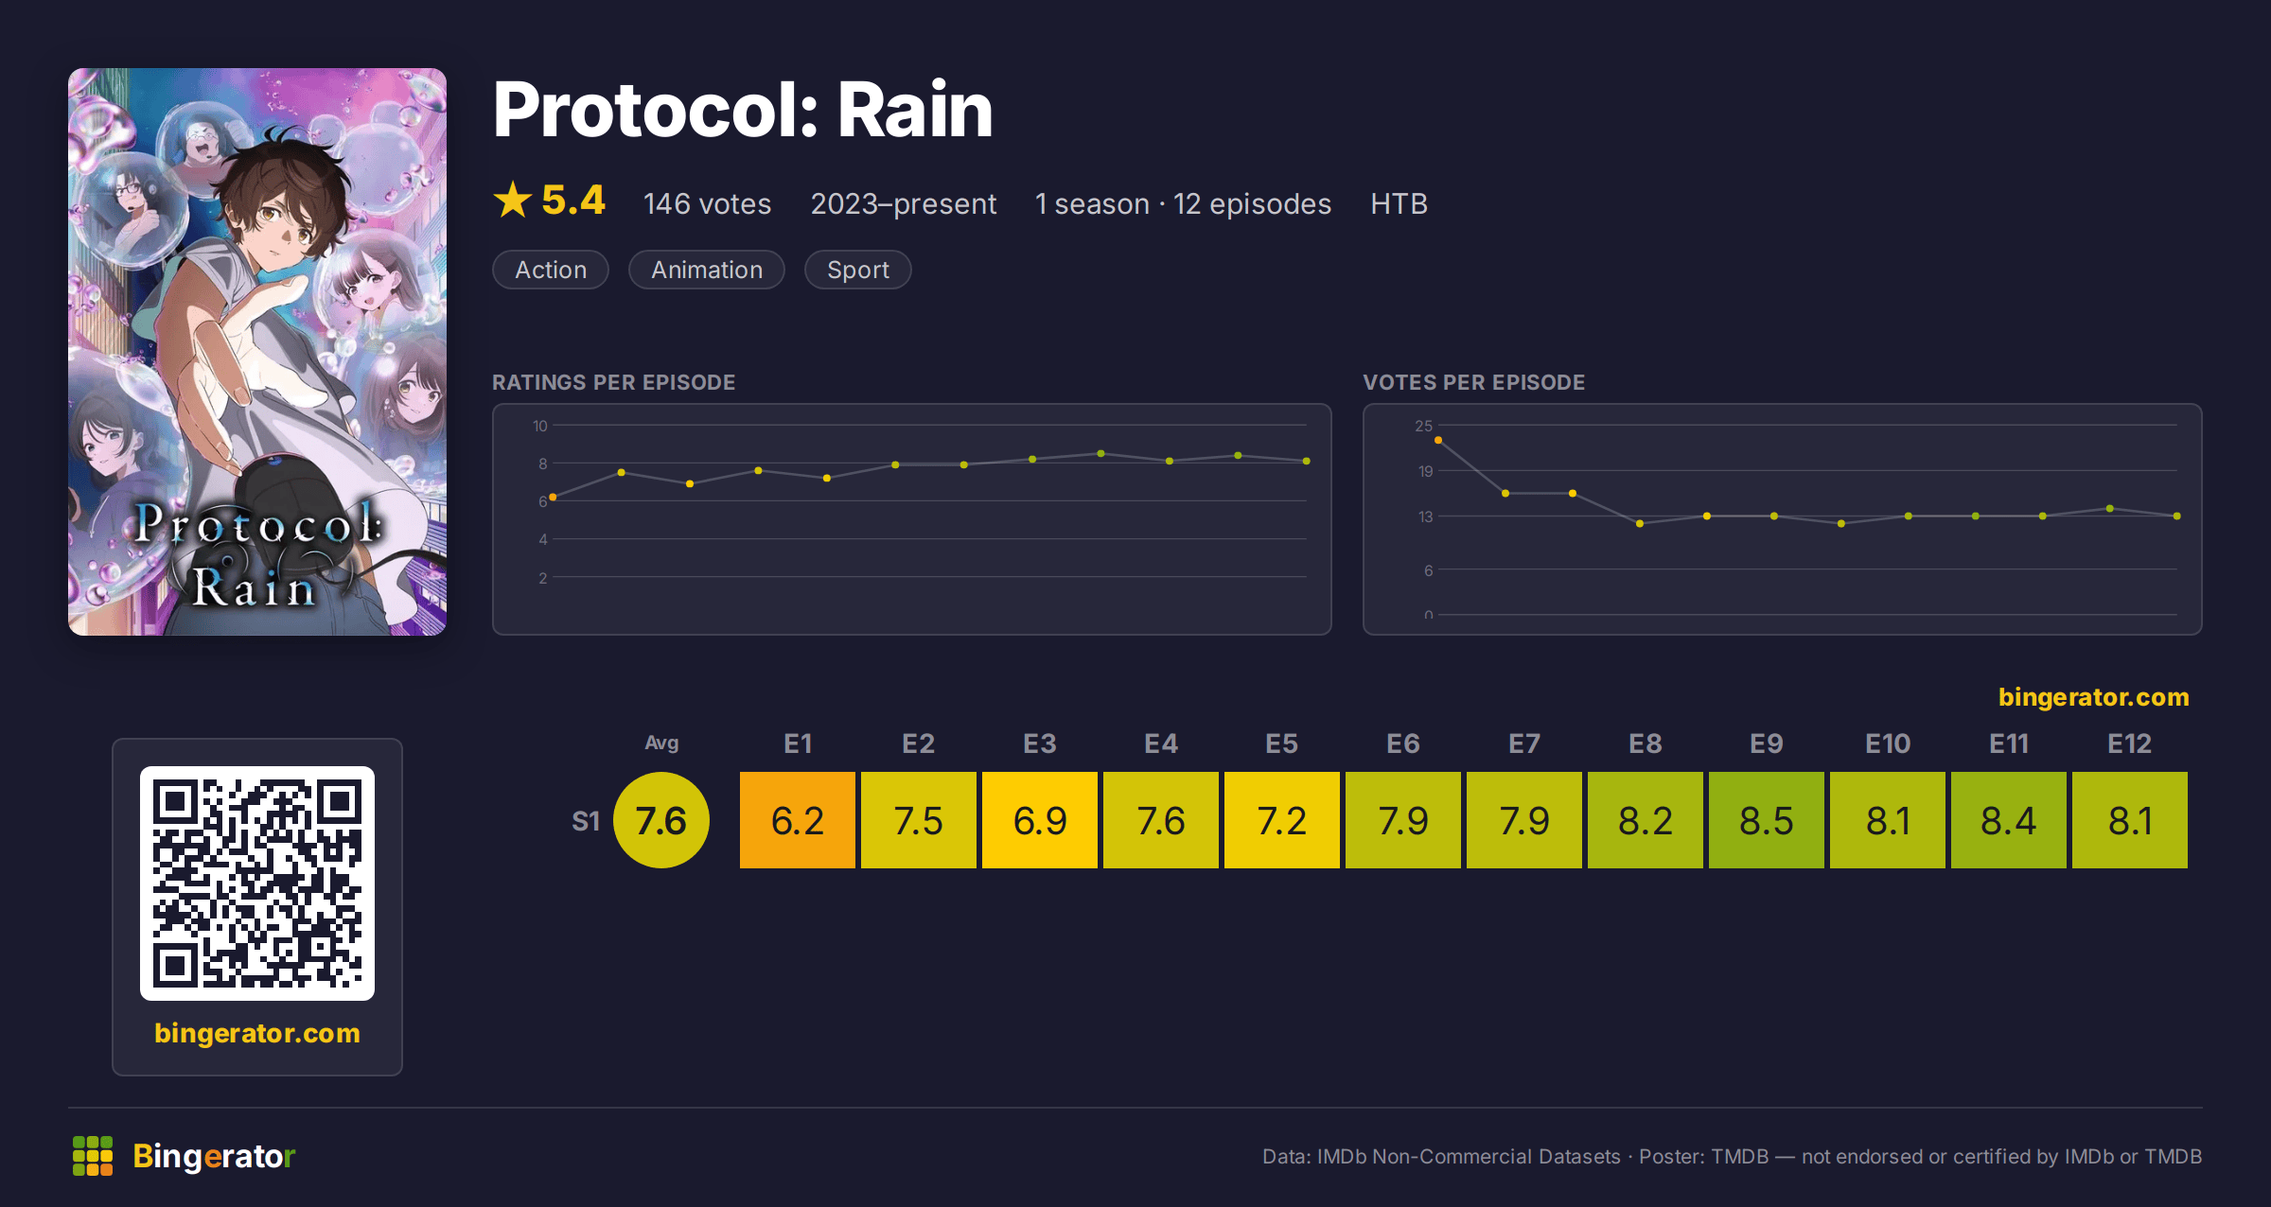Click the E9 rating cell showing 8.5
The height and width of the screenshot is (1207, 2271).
(x=1767, y=820)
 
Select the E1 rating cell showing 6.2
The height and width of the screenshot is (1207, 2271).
(x=798, y=820)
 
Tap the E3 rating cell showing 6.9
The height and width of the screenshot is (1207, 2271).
(x=1040, y=820)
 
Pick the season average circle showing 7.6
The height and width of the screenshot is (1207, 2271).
(x=661, y=820)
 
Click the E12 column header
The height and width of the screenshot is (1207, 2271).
(x=2130, y=743)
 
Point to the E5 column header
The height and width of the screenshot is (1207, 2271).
(x=1282, y=743)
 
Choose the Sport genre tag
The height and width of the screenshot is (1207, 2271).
(x=858, y=270)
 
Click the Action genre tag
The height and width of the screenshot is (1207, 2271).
(x=551, y=270)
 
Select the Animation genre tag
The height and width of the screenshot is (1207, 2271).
(x=707, y=270)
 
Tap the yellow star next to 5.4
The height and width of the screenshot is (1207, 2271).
(x=513, y=200)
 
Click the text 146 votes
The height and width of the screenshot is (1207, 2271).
(x=708, y=203)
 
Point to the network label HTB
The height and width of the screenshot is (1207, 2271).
(x=1400, y=203)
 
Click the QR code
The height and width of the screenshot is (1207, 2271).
(x=257, y=883)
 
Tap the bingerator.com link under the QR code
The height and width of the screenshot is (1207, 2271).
(x=257, y=1033)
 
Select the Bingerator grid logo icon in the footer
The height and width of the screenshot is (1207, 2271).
(x=93, y=1156)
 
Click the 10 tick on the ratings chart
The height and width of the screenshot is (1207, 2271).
(x=540, y=426)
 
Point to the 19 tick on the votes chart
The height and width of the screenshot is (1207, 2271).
(x=1425, y=471)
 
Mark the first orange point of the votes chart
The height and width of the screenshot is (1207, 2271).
(x=1438, y=440)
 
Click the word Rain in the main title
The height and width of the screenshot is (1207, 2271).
(x=915, y=110)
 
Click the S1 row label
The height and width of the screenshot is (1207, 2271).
(x=586, y=821)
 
